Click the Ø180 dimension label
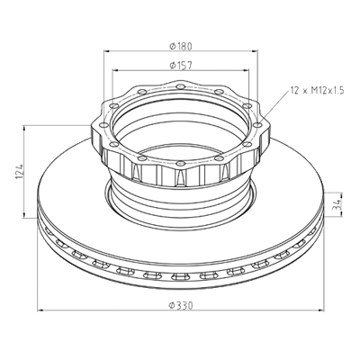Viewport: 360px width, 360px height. (180, 46)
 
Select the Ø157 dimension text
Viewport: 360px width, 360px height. (180, 66)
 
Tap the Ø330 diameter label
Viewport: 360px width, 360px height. (180, 305)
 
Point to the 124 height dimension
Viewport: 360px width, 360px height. (19, 172)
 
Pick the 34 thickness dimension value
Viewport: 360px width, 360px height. (338, 204)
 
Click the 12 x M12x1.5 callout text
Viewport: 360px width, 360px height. (317, 90)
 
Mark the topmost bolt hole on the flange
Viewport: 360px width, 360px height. (180, 87)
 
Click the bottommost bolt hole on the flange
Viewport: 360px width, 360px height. (180, 163)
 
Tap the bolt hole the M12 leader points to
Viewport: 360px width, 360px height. (257, 125)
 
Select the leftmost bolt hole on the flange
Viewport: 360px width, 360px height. (103, 125)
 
